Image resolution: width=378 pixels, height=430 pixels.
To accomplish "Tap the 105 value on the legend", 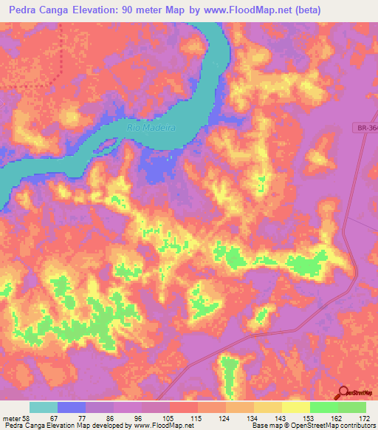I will pyautogui.click(x=169, y=419).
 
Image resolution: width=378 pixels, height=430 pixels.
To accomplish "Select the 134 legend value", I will pyautogui.click(x=253, y=419).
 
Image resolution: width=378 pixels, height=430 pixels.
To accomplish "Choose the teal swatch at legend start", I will pyautogui.click(x=43, y=407).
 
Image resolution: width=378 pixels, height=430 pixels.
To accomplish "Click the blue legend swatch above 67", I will pyautogui.click(x=71, y=407).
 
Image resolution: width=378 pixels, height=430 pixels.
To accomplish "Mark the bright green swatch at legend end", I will pyautogui.click(x=351, y=407).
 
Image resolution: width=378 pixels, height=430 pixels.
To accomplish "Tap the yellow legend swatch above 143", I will pyautogui.click(x=267, y=407).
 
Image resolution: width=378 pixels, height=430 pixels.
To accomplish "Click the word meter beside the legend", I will pyautogui.click(x=11, y=419).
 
